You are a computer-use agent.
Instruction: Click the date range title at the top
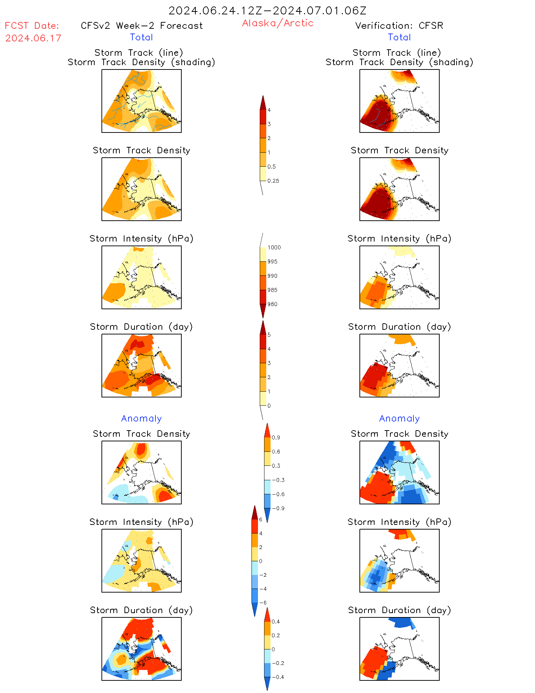click(267, 11)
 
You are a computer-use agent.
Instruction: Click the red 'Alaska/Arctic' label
click(277, 23)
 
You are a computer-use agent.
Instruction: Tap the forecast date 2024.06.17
click(33, 38)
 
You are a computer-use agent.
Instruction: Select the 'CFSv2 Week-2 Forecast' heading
click(142, 26)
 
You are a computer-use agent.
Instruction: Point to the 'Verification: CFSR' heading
click(399, 26)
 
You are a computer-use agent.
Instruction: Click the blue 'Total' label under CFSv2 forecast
click(141, 37)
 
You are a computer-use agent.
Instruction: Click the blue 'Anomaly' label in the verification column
click(399, 419)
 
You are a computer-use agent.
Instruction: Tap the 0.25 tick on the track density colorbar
click(273, 181)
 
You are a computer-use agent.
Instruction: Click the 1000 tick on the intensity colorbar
click(274, 248)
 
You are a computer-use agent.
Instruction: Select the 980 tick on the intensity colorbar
click(272, 304)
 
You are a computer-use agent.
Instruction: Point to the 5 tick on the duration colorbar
click(269, 335)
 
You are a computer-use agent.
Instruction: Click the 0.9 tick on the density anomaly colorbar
click(276, 438)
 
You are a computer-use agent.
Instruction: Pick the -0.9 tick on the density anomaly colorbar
click(278, 508)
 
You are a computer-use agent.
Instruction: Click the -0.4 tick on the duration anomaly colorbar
click(278, 677)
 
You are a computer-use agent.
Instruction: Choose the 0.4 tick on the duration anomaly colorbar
click(276, 622)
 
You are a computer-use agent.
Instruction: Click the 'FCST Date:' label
click(32, 26)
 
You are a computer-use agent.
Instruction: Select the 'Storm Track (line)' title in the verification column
click(396, 53)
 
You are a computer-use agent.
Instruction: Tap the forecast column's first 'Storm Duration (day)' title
click(141, 327)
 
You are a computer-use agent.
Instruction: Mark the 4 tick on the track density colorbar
click(269, 110)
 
